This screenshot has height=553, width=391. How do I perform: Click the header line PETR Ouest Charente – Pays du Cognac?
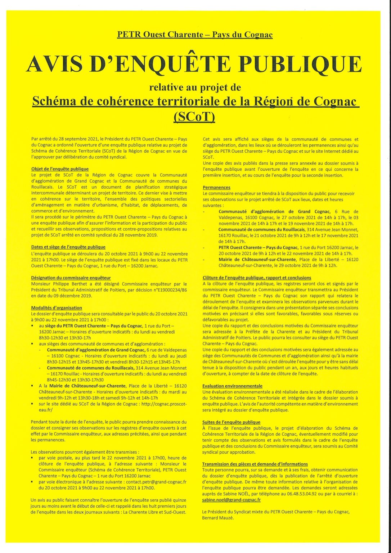point(195,35)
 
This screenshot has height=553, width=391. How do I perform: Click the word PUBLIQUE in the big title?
point(301,64)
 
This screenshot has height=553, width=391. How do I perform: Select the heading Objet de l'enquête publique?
point(60,169)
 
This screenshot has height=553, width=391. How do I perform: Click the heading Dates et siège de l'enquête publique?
point(68,247)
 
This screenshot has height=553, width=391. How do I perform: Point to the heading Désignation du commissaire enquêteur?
point(71,278)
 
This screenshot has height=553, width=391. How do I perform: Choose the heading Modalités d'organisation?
point(57,308)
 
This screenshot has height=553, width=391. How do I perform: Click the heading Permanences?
point(216,188)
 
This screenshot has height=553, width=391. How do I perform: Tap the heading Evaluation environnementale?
point(232,386)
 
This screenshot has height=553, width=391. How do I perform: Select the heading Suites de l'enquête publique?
point(231,422)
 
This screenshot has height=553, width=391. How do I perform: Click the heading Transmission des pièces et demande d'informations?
point(255,464)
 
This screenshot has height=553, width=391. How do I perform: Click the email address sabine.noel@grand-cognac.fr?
point(232,500)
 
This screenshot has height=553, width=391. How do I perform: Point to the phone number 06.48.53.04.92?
point(294,494)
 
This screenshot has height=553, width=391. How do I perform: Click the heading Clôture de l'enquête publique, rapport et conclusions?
point(257,278)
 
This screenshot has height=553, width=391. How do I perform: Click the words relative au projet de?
point(195,87)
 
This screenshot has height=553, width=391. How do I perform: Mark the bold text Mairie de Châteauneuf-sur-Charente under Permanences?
point(257,260)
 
